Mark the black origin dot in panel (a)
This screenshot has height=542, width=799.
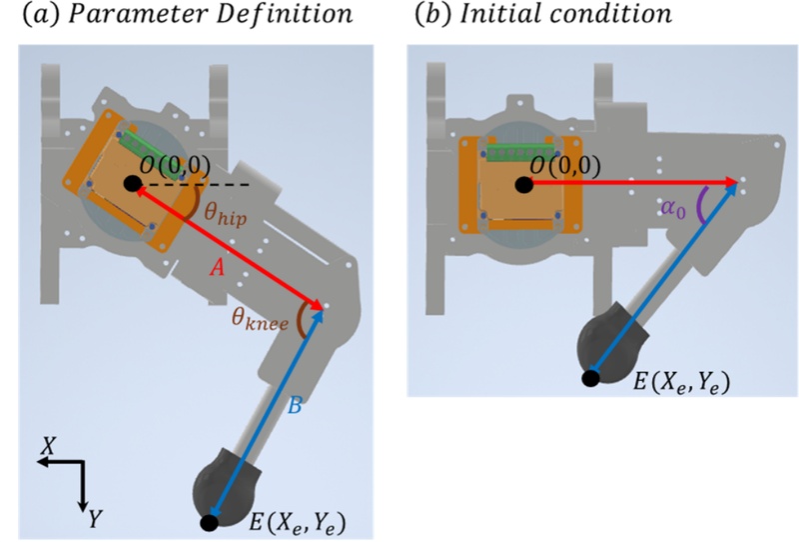coord(132,183)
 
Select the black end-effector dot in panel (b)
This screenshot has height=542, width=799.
coord(591,378)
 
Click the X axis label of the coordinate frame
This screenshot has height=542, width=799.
coord(47,447)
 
